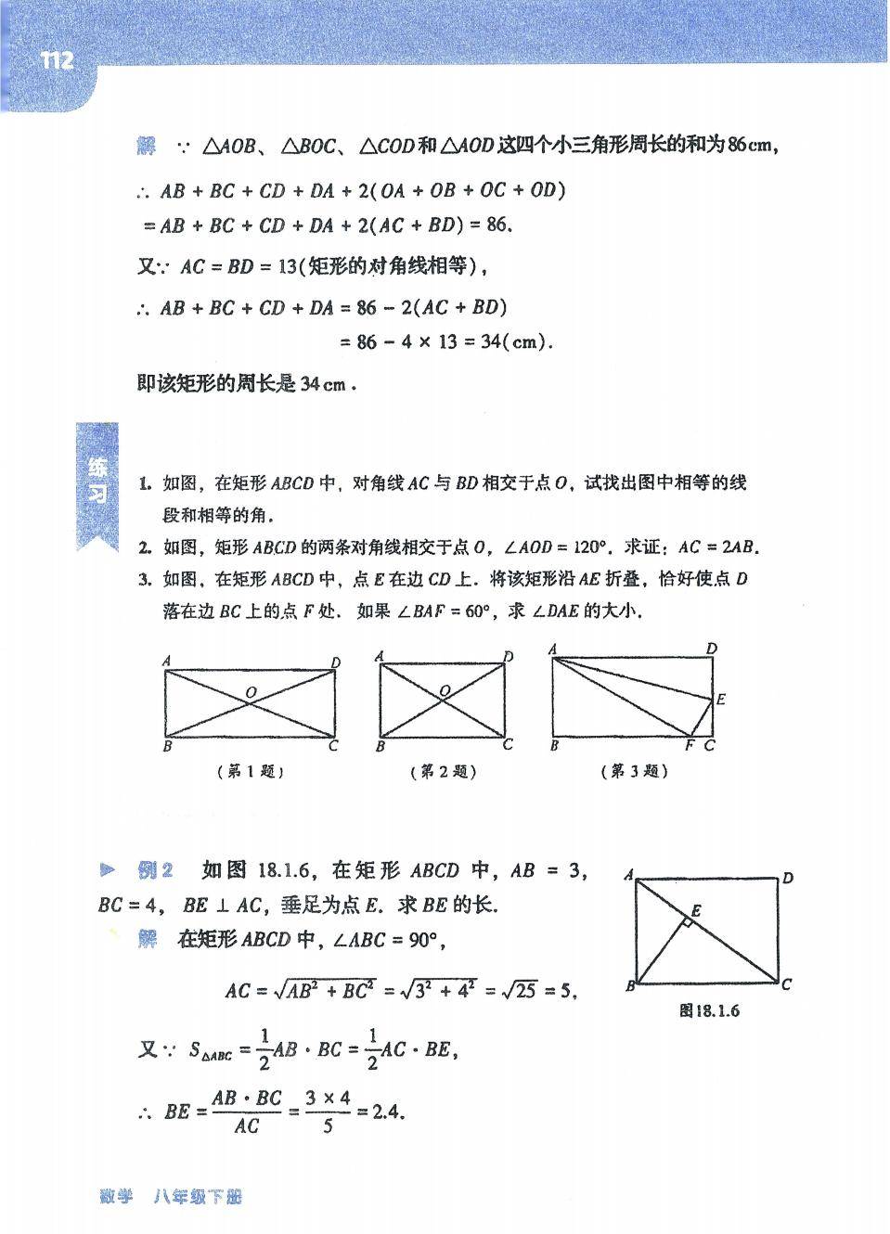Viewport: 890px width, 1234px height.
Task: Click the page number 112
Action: pyautogui.click(x=57, y=61)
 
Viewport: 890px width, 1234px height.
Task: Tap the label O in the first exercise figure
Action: pyautogui.click(x=251, y=692)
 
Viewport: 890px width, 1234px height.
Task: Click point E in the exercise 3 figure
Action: pyautogui.click(x=721, y=700)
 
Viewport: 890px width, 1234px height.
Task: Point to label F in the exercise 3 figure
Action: pyautogui.click(x=689, y=746)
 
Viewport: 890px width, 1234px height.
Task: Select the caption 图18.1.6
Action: pyautogui.click(x=710, y=1010)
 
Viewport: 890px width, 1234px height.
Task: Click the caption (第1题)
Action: pyautogui.click(x=250, y=771)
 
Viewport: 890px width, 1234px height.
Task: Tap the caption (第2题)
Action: pyautogui.click(x=443, y=771)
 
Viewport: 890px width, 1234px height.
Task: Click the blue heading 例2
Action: pyautogui.click(x=155, y=870)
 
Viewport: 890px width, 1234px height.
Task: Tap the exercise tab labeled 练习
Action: pyautogui.click(x=97, y=481)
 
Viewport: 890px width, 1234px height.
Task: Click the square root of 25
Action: pyautogui.click(x=520, y=990)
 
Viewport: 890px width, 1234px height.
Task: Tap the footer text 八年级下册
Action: pyautogui.click(x=199, y=1197)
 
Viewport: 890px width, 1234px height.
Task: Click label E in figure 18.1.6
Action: pyautogui.click(x=696, y=911)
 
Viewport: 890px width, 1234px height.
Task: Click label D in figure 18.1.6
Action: pyautogui.click(x=788, y=878)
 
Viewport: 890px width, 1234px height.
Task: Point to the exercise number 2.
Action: pyautogui.click(x=145, y=547)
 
